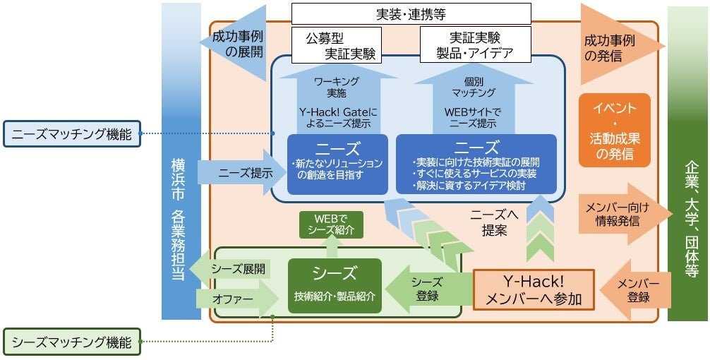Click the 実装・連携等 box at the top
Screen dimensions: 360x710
coord(411,13)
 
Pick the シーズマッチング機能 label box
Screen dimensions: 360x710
coord(73,343)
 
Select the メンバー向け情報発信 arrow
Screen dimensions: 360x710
coord(621,213)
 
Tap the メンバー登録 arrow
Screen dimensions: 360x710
coord(634,290)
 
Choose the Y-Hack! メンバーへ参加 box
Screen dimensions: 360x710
coord(534,290)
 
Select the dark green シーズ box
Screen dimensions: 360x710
coord(335,285)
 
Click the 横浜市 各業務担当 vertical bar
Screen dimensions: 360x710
coord(181,162)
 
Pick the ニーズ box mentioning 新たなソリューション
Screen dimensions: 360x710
coord(337,164)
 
